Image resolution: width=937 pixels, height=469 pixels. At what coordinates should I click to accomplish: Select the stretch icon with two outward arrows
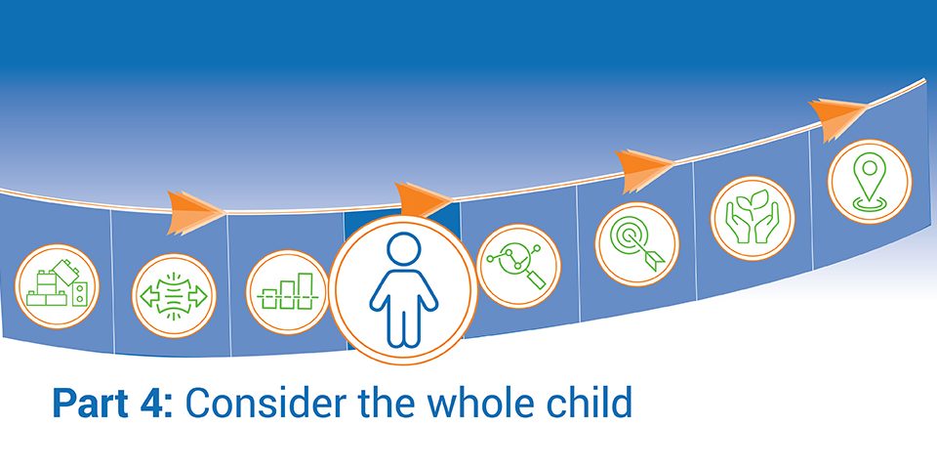tap(174, 295)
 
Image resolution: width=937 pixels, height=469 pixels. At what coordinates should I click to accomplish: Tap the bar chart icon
tap(288, 292)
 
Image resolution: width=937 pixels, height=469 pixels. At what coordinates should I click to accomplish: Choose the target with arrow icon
tap(637, 244)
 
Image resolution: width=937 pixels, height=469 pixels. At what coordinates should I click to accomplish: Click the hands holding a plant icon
tap(753, 218)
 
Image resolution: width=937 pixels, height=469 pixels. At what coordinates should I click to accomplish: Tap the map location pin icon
tap(870, 182)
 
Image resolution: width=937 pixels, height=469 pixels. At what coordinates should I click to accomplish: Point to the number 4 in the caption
tap(153, 404)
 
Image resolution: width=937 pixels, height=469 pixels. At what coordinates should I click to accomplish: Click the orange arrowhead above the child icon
tap(423, 199)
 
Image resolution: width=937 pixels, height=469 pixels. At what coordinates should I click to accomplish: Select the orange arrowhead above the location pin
tap(836, 118)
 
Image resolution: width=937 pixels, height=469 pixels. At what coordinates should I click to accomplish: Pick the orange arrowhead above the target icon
tap(643, 170)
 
